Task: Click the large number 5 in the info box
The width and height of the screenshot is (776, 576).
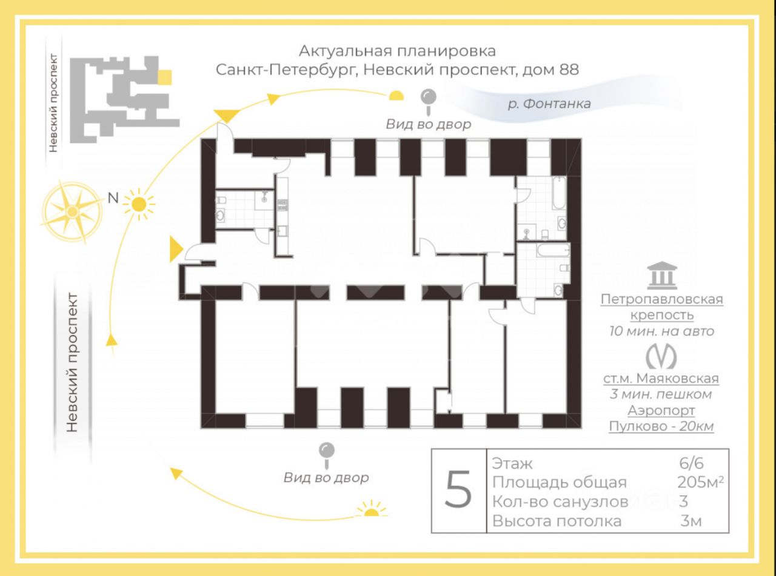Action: pyautogui.click(x=458, y=490)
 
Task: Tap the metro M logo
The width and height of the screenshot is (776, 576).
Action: pyautogui.click(x=660, y=356)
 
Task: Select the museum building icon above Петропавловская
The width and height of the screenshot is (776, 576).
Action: pyautogui.click(x=661, y=276)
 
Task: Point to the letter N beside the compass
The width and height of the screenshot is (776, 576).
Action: pyautogui.click(x=112, y=197)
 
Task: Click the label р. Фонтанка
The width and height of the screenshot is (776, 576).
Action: pyautogui.click(x=549, y=104)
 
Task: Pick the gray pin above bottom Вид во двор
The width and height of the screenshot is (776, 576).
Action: pyautogui.click(x=327, y=451)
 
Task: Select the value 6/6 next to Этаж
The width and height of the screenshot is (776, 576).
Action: pyautogui.click(x=691, y=464)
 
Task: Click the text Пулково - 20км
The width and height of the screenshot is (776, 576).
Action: pyautogui.click(x=661, y=426)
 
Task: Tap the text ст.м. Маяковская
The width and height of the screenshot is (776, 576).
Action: pyautogui.click(x=661, y=379)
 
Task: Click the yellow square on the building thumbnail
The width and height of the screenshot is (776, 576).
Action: pyautogui.click(x=164, y=77)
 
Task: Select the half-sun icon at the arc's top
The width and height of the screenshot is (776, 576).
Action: pyautogui.click(x=396, y=95)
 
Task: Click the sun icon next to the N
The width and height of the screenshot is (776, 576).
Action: pyautogui.click(x=139, y=205)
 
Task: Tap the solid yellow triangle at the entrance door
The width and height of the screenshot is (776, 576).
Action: pyautogui.click(x=176, y=250)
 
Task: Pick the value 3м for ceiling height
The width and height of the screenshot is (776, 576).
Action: pyautogui.click(x=691, y=521)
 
